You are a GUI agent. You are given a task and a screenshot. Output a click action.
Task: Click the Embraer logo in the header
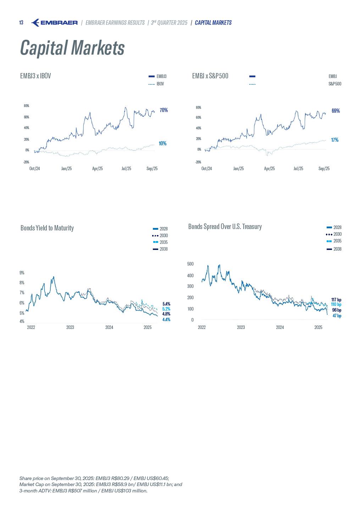(x=54, y=23)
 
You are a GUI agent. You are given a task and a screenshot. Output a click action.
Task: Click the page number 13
(x=21, y=23)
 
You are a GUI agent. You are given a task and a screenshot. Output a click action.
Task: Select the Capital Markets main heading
(x=72, y=48)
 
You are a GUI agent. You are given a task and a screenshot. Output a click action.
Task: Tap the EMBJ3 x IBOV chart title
(x=35, y=76)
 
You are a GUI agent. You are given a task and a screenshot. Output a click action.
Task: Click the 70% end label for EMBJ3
(x=164, y=110)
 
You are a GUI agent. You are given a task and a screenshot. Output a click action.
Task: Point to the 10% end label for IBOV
(x=162, y=144)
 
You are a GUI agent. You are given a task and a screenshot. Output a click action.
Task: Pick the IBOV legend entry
(x=160, y=84)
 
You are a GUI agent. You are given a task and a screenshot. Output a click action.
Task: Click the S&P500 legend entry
(x=334, y=84)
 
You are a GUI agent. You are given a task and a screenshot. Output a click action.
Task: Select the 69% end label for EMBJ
(x=336, y=111)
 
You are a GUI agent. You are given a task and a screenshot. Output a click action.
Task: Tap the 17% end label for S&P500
(x=334, y=140)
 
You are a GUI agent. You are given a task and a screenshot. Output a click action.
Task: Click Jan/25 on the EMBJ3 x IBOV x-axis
(x=66, y=169)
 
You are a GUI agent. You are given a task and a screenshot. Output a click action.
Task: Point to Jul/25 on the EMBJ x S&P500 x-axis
(x=298, y=169)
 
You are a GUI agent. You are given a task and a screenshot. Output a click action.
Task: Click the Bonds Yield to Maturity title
(x=47, y=228)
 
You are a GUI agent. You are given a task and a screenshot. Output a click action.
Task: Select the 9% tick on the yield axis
(x=22, y=273)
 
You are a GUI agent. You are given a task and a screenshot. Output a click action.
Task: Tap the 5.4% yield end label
(x=166, y=304)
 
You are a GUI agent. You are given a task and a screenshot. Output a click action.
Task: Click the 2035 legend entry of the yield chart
(x=163, y=242)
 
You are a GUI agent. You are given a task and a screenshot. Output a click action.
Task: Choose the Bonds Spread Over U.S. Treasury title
(x=225, y=227)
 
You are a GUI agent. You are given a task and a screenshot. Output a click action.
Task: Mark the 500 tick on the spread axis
(x=190, y=264)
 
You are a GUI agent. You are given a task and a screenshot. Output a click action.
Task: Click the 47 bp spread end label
(x=337, y=316)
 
